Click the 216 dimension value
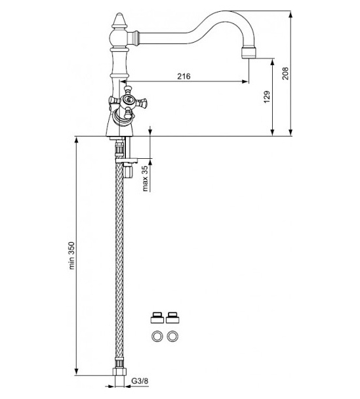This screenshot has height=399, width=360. pos(184,76)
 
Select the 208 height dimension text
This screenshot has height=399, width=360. pos(285,73)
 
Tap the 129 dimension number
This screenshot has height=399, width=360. pos(267,96)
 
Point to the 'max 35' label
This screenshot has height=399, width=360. pos(145,178)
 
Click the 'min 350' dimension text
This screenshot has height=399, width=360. pos(71,255)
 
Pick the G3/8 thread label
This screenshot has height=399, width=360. pos(140,381)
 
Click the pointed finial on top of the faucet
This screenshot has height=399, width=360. pos(119,20)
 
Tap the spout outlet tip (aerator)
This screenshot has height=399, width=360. pos(249,52)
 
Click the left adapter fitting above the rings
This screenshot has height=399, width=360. pos(157,317)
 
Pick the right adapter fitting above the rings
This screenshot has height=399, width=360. pos(172,317)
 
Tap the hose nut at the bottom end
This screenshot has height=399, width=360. pos(119,371)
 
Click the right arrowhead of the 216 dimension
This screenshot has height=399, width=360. pos(245,81)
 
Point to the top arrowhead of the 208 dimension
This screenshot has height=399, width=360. pos(290,14)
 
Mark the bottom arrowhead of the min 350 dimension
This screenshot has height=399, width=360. pos(77,371)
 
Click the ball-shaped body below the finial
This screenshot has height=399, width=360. pos(119,39)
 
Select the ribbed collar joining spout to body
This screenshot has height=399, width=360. pos(134,38)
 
